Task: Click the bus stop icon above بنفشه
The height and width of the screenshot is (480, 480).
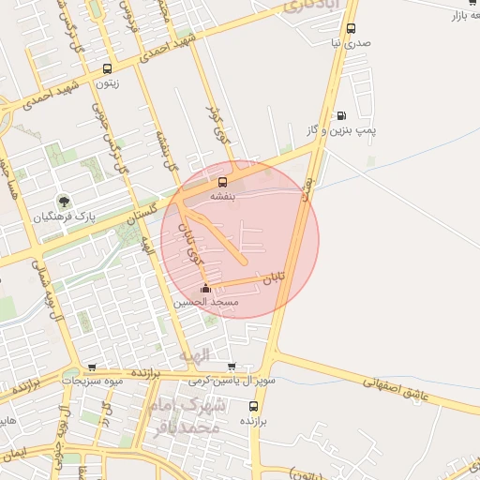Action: pyautogui.click(x=223, y=182)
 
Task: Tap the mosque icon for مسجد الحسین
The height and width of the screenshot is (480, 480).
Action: pyautogui.click(x=206, y=289)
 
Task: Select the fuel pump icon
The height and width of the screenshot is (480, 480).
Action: pyautogui.click(x=340, y=115)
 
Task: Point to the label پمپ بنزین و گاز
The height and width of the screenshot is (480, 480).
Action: pyautogui.click(x=365, y=130)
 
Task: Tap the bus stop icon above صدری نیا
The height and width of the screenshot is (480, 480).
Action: pyautogui.click(x=351, y=29)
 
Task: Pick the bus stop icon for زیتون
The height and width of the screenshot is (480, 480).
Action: pyautogui.click(x=106, y=68)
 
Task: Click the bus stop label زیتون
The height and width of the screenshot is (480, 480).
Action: pyautogui.click(x=105, y=82)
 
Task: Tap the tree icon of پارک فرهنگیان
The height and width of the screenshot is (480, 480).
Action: pyautogui.click(x=64, y=202)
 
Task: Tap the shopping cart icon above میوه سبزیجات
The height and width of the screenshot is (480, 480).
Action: pyautogui.click(x=91, y=367)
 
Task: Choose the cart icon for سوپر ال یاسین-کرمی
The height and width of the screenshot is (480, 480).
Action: pyautogui.click(x=232, y=366)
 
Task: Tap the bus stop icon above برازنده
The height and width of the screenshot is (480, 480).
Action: pyautogui.click(x=253, y=407)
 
